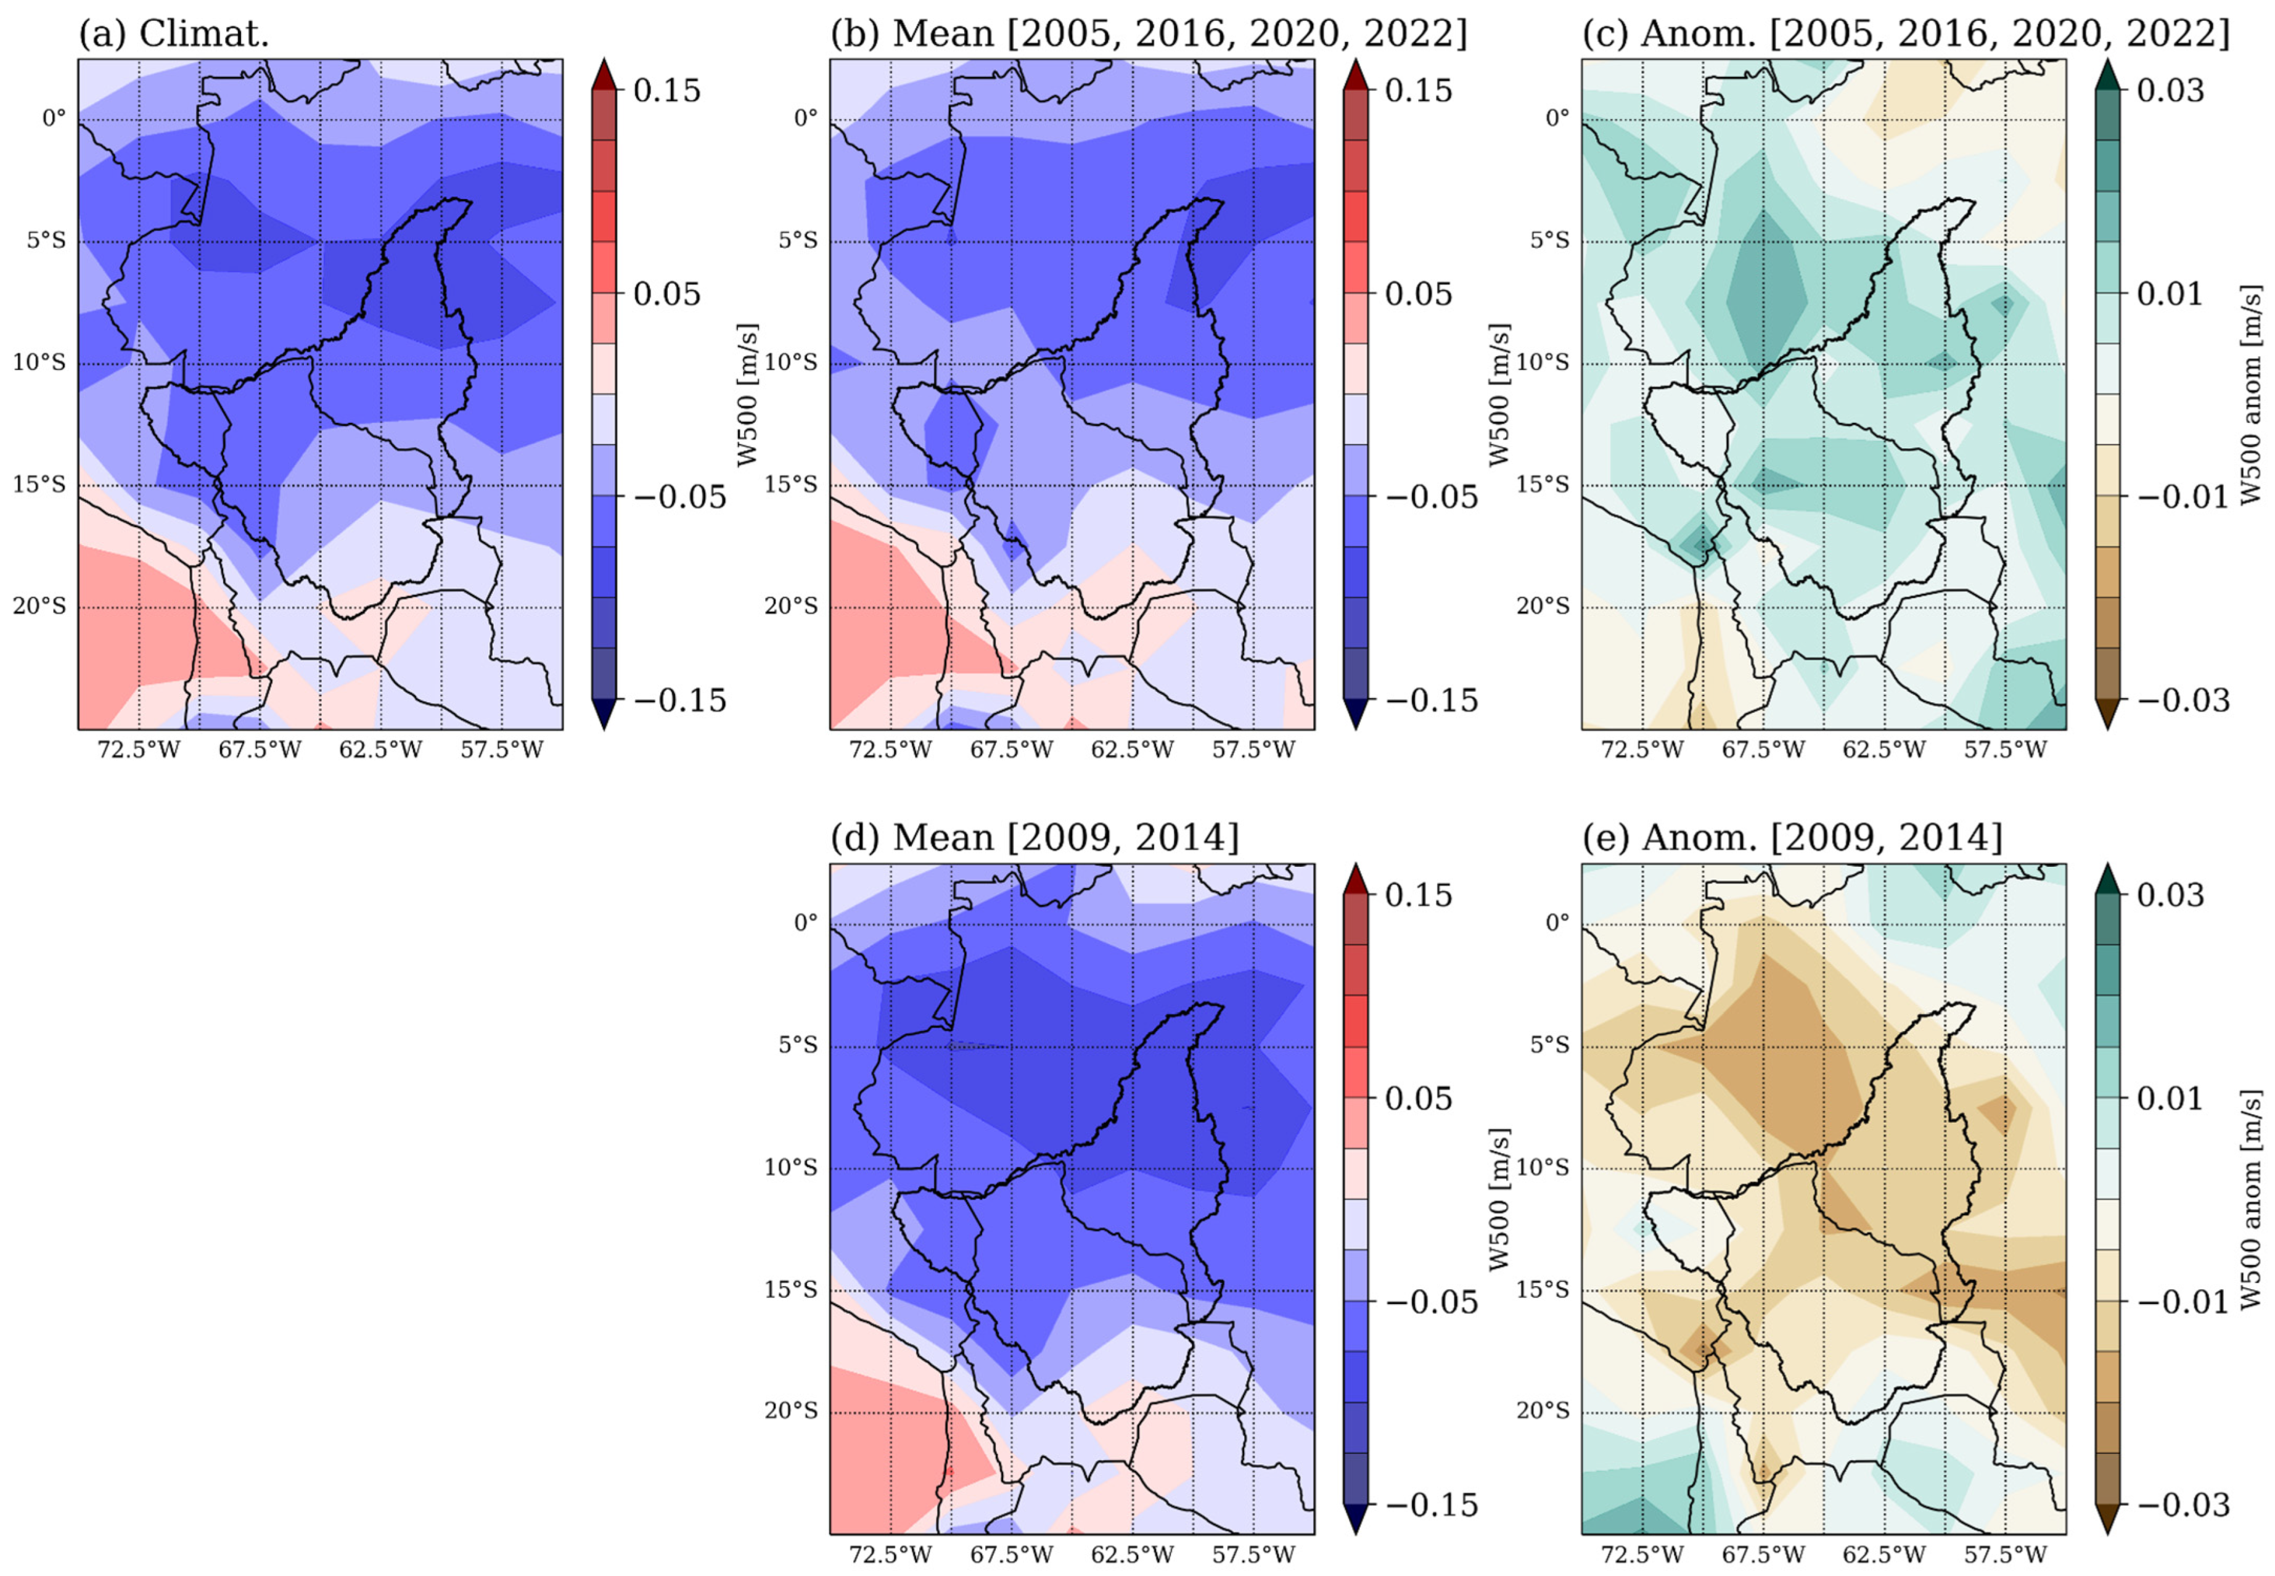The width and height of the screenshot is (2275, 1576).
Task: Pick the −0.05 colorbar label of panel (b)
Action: point(1431,497)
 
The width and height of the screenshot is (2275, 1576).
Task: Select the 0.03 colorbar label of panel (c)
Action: point(2170,90)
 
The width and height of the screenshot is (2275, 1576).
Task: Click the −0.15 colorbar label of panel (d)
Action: point(1431,1505)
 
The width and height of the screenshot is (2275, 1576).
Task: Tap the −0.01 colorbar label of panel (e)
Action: point(2183,1302)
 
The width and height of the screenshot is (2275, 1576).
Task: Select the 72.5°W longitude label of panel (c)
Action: point(1642,750)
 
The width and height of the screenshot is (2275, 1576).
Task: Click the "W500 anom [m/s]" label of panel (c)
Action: point(2250,395)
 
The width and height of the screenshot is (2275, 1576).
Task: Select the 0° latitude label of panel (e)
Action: point(1557,922)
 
